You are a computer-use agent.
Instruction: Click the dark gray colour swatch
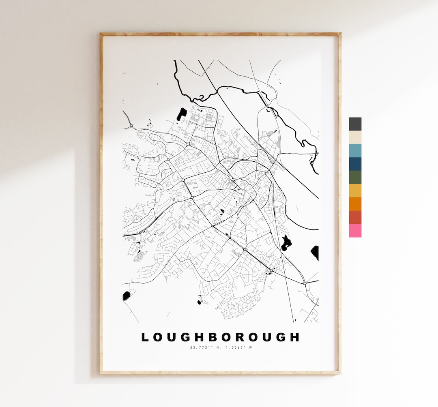click(x=355, y=124)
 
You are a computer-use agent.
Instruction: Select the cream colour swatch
click(x=355, y=137)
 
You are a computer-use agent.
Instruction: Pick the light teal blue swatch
click(x=355, y=151)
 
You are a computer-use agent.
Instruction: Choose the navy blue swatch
click(x=355, y=164)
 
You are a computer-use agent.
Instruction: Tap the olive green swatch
click(x=355, y=177)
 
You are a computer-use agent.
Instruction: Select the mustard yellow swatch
click(x=355, y=191)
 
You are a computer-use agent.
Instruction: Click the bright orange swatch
click(x=355, y=204)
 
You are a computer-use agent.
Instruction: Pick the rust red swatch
click(x=355, y=217)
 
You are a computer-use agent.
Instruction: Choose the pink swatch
click(x=355, y=231)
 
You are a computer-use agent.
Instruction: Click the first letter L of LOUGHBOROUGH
click(x=145, y=337)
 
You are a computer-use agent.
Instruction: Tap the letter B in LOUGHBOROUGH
click(x=215, y=337)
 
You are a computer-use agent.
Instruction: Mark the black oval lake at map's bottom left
click(x=127, y=296)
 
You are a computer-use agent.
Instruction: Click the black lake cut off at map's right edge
click(x=315, y=252)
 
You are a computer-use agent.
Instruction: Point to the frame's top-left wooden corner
click(x=101, y=34)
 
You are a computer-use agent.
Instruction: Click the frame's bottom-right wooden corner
click(x=339, y=372)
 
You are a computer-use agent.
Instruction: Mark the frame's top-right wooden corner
click(x=339, y=34)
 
